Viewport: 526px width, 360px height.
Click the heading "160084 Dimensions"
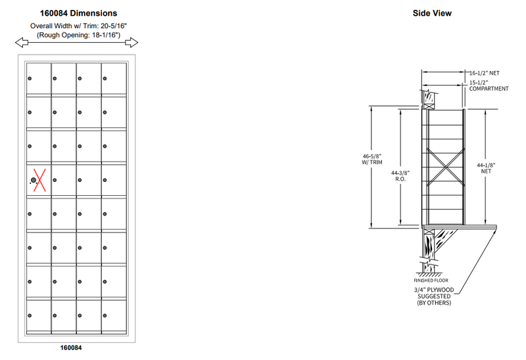[78, 12]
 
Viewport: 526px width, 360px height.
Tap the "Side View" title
[431, 12]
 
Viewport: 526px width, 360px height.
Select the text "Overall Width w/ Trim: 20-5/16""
[78, 26]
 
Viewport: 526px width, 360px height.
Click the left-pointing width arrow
[22, 43]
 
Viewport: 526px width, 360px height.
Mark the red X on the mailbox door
[37, 179]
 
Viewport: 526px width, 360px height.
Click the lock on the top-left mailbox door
[30, 79]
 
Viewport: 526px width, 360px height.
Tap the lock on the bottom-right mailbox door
[105, 316]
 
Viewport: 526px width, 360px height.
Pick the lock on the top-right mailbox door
[105, 79]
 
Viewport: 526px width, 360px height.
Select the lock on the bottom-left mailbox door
[30, 316]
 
